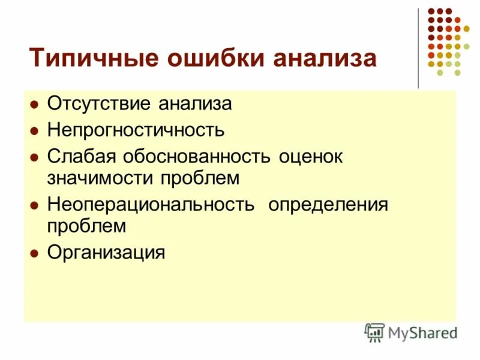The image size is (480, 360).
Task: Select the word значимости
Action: tap(101, 178)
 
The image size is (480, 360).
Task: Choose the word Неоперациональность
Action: tap(151, 204)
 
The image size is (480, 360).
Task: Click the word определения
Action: tap(328, 204)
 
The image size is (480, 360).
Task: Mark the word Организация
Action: tap(106, 252)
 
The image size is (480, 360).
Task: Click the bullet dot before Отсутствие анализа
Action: tap(35, 104)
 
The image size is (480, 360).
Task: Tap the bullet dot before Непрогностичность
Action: tap(35, 130)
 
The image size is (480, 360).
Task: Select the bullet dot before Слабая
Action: tap(35, 155)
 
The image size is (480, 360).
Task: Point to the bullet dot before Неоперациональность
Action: tap(35, 205)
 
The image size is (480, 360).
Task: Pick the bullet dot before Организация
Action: tap(35, 253)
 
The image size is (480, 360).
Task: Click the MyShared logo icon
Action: tap(374, 332)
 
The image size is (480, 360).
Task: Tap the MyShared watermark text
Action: tap(422, 332)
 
